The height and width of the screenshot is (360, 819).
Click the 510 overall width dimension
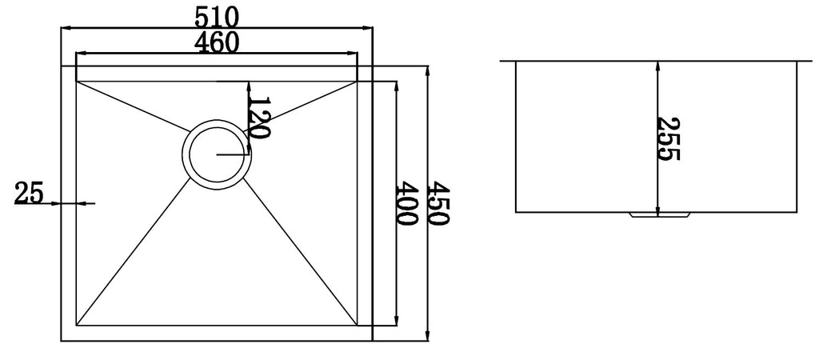[x=216, y=19]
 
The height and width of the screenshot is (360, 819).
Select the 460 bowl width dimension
[x=216, y=42]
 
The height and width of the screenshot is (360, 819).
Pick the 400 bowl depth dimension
[x=406, y=202]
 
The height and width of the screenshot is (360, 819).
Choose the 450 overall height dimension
[x=438, y=202]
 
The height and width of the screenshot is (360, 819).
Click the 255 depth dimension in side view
[x=668, y=138]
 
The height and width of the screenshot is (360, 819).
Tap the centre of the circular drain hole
[x=217, y=154]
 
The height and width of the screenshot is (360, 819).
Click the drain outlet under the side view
[x=660, y=214]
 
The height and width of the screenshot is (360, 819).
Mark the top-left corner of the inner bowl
[x=77, y=82]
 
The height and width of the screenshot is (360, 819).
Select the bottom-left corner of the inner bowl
[x=77, y=325]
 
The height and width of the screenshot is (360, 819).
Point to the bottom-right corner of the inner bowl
[x=358, y=325]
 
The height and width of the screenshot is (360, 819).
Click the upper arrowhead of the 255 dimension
[x=657, y=66]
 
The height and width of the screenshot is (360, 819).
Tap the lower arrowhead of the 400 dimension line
[x=397, y=321]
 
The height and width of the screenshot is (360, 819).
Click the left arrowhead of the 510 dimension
[x=66, y=28]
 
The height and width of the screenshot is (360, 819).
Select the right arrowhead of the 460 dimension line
[x=352, y=53]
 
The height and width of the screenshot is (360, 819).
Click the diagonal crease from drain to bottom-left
[x=134, y=252]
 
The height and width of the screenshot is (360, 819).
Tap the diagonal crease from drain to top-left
[x=134, y=106]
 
